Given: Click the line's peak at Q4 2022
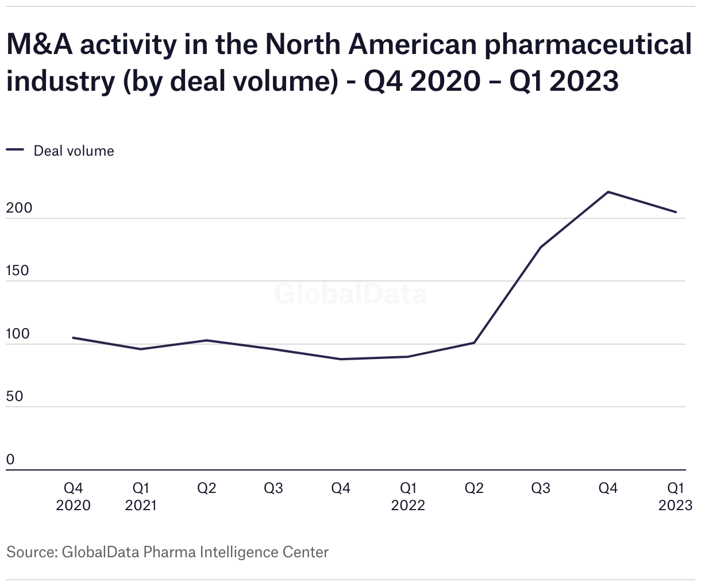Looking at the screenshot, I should click(x=608, y=192).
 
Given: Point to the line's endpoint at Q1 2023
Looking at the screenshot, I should click(x=676, y=212).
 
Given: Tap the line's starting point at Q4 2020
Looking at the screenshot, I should click(x=73, y=338).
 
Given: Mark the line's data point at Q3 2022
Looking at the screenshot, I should click(x=541, y=247).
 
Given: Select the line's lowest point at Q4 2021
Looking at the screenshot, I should click(x=341, y=359).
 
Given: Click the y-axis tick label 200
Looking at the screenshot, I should click(x=19, y=208).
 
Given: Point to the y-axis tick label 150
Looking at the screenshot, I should click(x=17, y=271).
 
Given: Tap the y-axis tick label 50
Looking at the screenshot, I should click(x=15, y=396).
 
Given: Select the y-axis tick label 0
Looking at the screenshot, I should click(x=10, y=460).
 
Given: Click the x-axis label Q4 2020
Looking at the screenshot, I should click(x=73, y=496).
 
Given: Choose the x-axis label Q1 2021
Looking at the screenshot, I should click(x=141, y=496).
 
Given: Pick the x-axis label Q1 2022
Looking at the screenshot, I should click(x=408, y=496).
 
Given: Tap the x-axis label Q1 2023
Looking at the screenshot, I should click(x=675, y=496).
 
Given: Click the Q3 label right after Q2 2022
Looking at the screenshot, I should click(x=541, y=488).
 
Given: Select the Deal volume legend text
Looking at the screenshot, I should click(x=74, y=151).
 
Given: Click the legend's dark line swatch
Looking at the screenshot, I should click(x=15, y=151).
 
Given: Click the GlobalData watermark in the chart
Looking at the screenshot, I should click(x=350, y=294).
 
